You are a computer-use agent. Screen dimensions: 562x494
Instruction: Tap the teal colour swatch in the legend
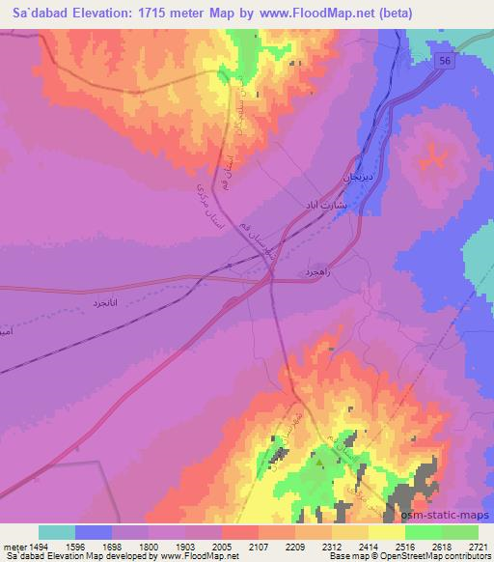coord(57,531)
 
